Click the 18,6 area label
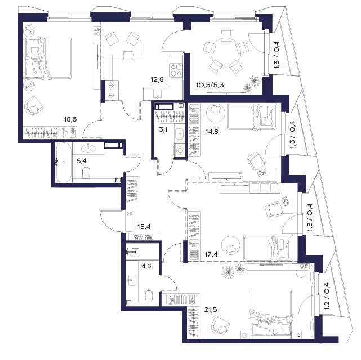coord(70,120)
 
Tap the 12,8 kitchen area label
coord(157,79)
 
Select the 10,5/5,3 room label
coord(210,85)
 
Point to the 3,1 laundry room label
coord(163,129)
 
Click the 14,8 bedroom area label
coord(212,132)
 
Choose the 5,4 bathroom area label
coord(82,161)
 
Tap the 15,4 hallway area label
coord(144,227)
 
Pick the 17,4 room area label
coord(211,254)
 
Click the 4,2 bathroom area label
coord(146,267)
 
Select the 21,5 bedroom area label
coord(211,309)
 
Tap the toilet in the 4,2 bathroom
coord(149,296)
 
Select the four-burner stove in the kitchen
coord(176,70)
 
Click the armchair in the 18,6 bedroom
coord(34,106)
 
